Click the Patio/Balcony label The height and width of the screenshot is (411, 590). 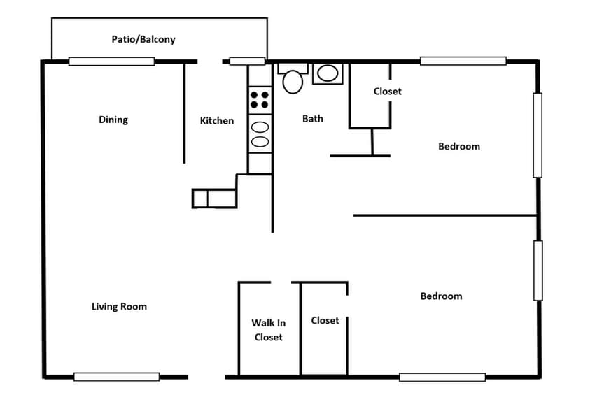[143, 39]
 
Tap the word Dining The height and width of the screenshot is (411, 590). [113, 120]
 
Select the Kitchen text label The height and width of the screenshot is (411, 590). [217, 120]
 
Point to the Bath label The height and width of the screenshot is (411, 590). [313, 119]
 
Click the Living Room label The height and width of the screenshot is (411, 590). [120, 306]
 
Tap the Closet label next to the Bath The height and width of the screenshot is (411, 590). [388, 91]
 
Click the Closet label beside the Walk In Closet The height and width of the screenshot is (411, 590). [325, 320]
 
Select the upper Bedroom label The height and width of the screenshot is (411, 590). [459, 146]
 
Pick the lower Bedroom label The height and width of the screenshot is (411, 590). [441, 296]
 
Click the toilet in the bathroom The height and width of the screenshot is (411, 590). [293, 78]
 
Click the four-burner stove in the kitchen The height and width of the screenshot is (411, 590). [260, 99]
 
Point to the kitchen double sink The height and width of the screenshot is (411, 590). [260, 134]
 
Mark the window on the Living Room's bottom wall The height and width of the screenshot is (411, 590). [116, 377]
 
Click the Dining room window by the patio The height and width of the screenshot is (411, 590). [111, 62]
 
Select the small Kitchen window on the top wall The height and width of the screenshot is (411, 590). [248, 62]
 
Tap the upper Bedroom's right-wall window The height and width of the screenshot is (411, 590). [538, 135]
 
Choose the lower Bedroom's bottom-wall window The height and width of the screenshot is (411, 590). [442, 377]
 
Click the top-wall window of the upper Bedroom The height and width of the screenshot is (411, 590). [463, 61]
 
